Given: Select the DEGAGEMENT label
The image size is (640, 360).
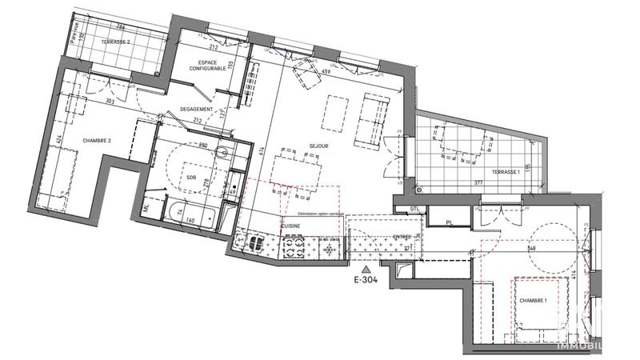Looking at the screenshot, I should pos(196,109).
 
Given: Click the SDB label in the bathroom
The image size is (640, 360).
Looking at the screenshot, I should pos(192,177).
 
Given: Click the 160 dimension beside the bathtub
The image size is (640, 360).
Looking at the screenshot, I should pos(190,219).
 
